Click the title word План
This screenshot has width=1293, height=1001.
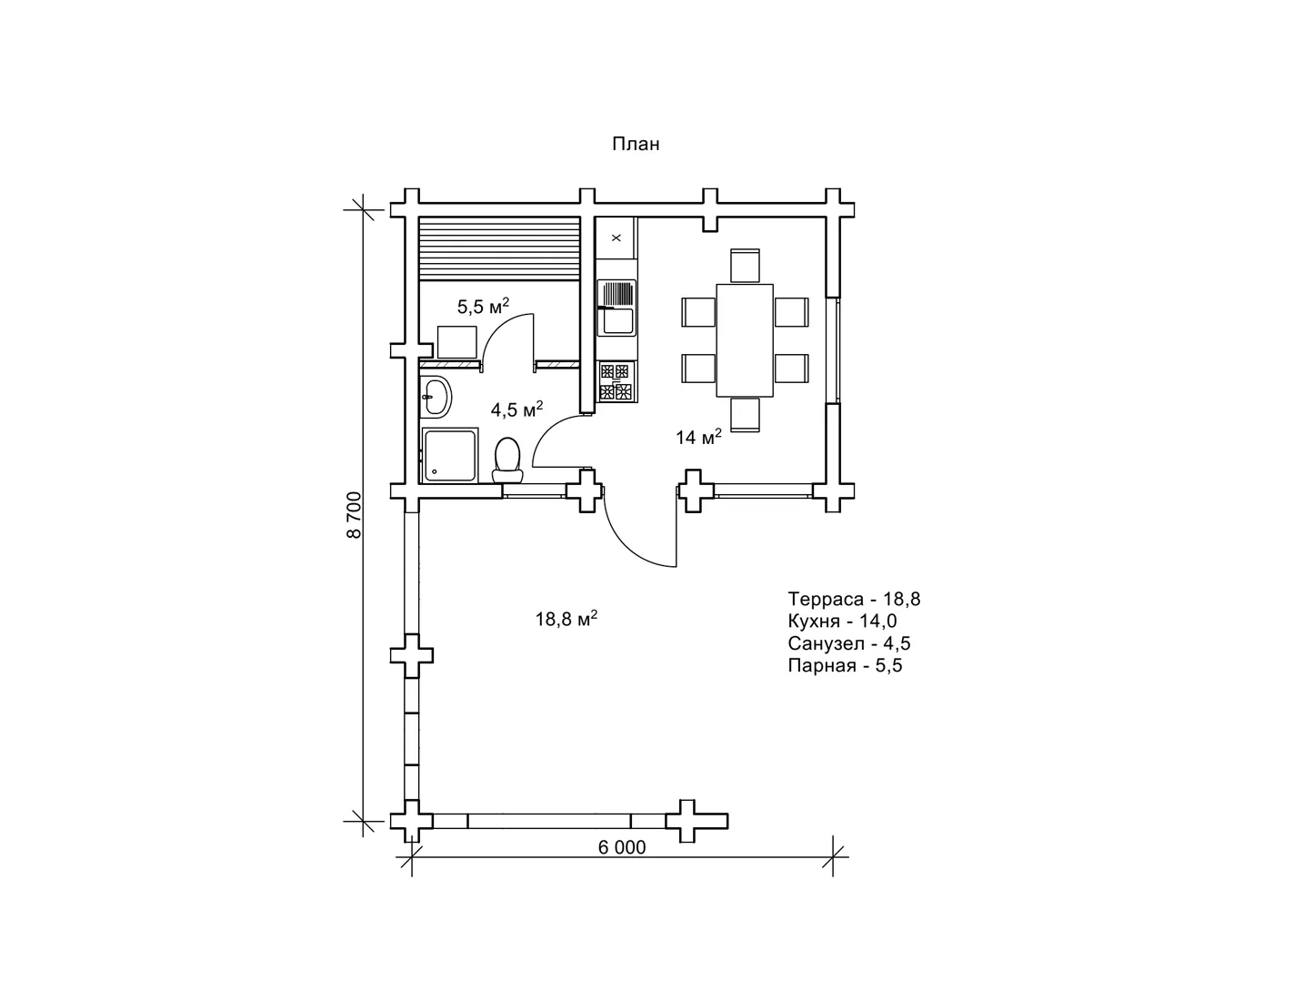coord(636,144)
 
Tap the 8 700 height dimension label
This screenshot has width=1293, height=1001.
coord(354,515)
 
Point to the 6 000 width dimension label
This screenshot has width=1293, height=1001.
coord(622,847)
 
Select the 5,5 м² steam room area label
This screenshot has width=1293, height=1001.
coord(483,306)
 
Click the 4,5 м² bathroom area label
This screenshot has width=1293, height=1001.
coord(516,409)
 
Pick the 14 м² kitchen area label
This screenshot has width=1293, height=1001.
coord(698,437)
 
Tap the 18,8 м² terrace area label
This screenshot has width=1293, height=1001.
coord(566,619)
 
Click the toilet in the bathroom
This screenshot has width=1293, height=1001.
coord(507,460)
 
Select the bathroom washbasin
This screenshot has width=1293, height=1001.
coord(436,397)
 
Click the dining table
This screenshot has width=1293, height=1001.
coord(745,340)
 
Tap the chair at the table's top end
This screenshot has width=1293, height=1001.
coord(745,266)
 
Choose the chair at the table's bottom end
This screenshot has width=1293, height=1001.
coord(745,414)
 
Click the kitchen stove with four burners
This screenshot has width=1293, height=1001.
coord(616,381)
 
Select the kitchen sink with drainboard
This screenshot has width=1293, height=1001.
coord(616,308)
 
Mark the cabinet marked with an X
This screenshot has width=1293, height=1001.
coord(616,238)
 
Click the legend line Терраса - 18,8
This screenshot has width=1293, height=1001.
coord(854,599)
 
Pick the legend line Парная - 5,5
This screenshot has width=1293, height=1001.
coord(845,665)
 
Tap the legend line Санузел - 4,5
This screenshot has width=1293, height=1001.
coord(849,643)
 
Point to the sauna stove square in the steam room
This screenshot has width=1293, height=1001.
coord(457,342)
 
